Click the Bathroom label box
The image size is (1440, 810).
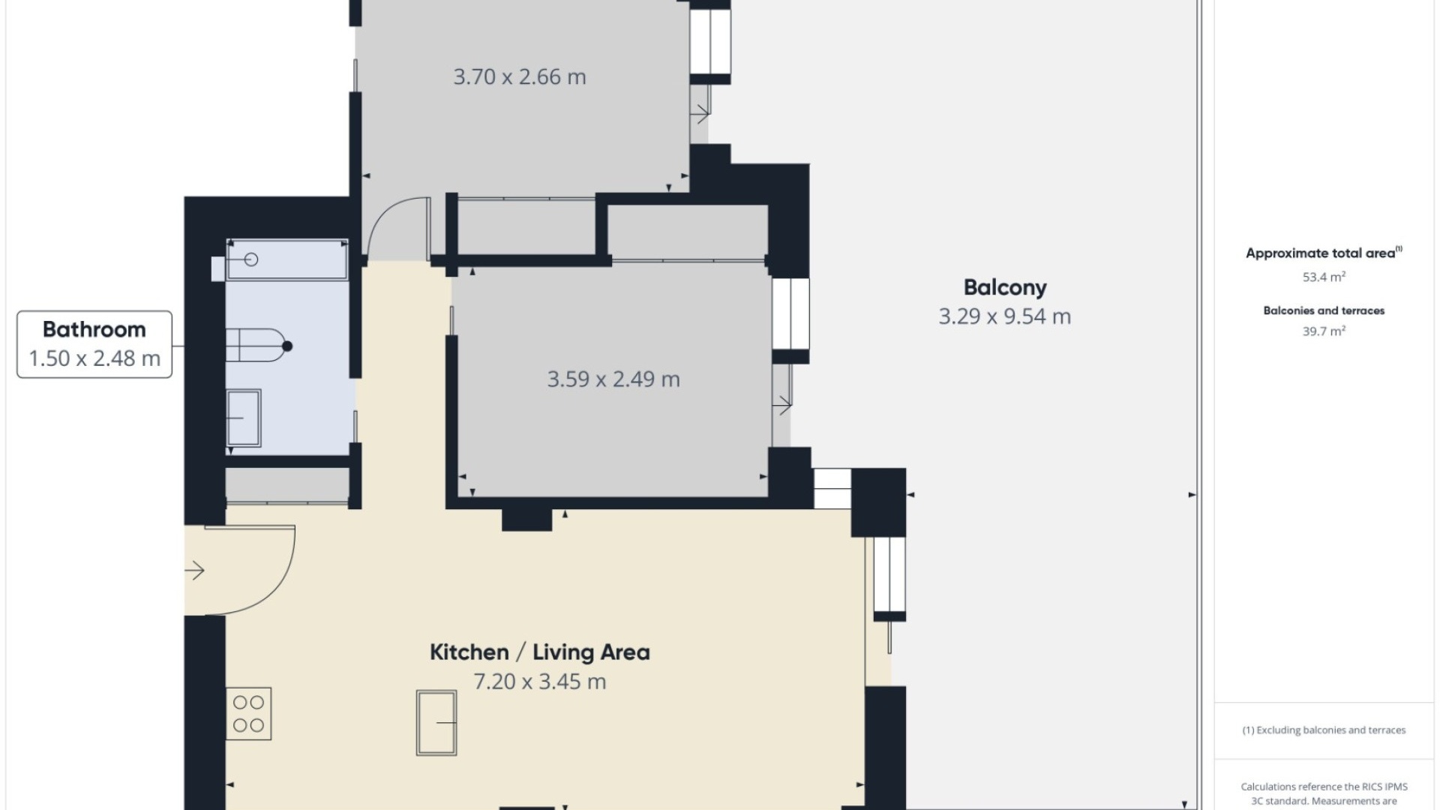94,344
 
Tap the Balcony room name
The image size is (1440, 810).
1005,287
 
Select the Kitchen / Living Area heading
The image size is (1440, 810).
539,652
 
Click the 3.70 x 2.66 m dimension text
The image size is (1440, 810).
520,76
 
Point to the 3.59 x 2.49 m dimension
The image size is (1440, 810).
613,379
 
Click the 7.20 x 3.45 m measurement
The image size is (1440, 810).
539,682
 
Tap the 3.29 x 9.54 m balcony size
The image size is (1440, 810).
1005,316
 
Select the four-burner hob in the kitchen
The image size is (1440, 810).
248,714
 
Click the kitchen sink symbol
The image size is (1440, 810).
436,723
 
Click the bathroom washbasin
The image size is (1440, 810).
244,418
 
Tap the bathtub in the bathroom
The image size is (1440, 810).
287,259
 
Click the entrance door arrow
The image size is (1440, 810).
195,571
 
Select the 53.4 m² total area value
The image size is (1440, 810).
1324,277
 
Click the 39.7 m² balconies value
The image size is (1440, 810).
1324,331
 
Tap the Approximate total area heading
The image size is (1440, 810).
1324,253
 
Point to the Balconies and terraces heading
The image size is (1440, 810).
1324,310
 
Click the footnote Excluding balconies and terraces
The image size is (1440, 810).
1324,730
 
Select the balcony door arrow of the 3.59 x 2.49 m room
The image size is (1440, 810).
782,405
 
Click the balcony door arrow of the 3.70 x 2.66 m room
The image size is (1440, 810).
700,114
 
